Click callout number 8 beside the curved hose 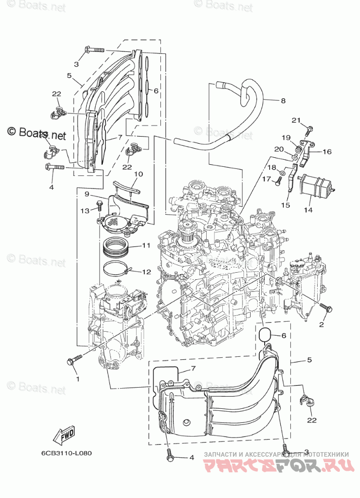(283, 101)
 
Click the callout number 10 (138, 174)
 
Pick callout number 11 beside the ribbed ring (146, 245)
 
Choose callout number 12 (146, 272)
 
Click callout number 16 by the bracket (327, 151)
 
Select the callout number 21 (296, 119)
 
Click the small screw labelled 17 (277, 182)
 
